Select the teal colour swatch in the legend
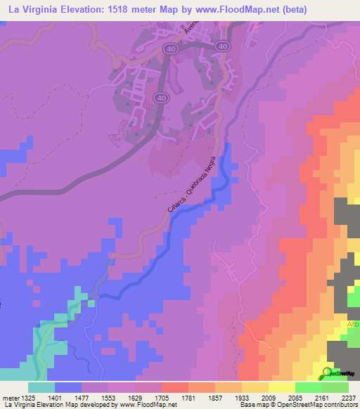[41, 387]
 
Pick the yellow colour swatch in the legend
[281, 387]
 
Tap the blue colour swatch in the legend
[68, 387]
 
